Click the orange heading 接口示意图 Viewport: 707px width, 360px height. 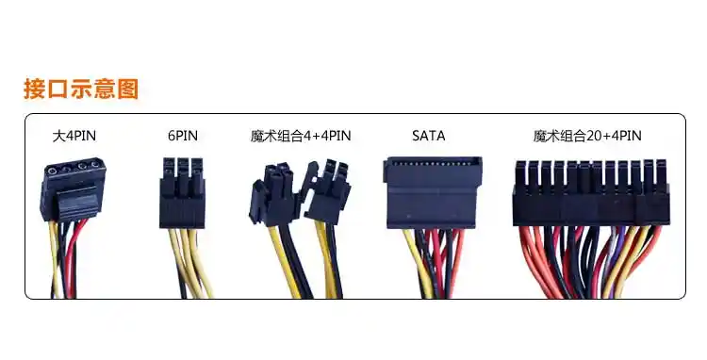[x=81, y=90]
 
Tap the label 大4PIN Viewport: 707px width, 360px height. [x=74, y=137]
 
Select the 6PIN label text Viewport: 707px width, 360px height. [x=182, y=137]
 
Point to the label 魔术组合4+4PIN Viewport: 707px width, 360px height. [x=301, y=137]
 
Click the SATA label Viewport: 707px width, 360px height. [x=429, y=137]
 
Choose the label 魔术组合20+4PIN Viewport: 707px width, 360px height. [x=587, y=137]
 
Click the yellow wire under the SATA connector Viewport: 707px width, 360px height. [x=415, y=259]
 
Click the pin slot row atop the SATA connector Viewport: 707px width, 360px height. [x=433, y=163]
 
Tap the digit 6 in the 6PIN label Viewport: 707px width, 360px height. [x=171, y=137]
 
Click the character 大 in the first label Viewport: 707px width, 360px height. [x=58, y=137]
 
